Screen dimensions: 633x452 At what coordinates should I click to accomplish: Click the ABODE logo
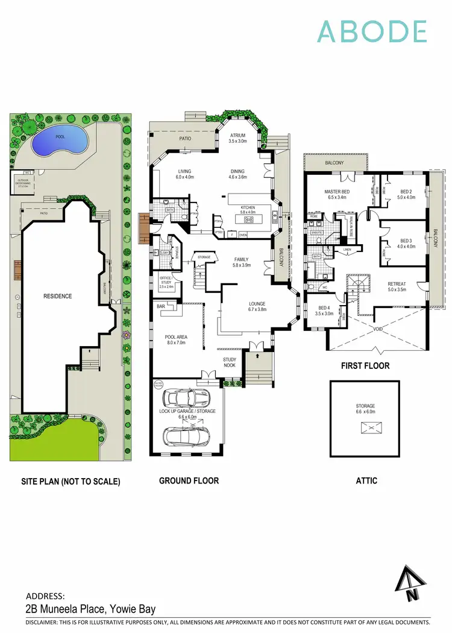point(372,31)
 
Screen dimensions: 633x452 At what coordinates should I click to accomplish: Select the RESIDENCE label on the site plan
point(57,296)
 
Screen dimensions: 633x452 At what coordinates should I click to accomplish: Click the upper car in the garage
point(187,398)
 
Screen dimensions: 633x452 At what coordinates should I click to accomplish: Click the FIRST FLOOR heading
point(365,366)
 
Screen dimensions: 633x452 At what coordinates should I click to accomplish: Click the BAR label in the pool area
point(161,307)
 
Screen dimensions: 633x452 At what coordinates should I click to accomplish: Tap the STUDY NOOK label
point(230,362)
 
